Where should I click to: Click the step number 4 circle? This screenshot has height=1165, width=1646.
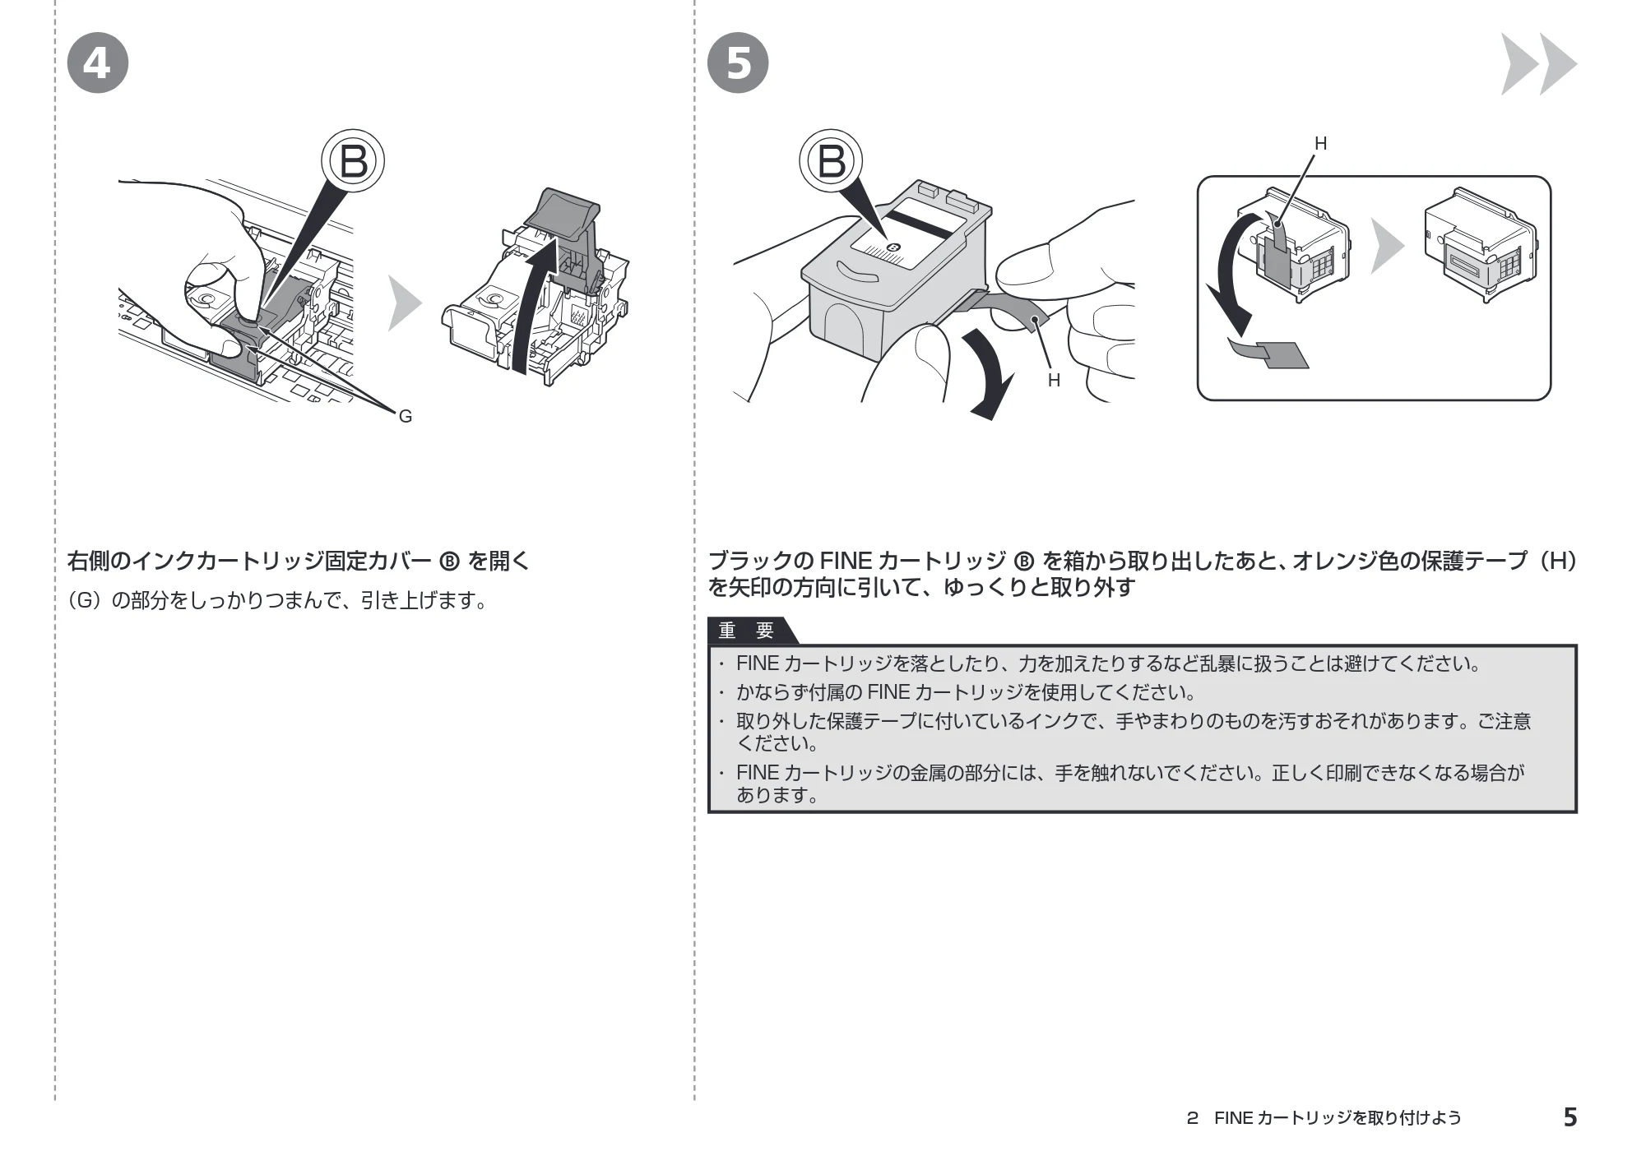97,62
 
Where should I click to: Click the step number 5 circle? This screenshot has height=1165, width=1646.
738,62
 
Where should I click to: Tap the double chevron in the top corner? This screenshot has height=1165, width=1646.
1538,63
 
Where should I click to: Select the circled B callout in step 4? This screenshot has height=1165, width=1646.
354,160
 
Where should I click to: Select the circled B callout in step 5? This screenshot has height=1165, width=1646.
832,160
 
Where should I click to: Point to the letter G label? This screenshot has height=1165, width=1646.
406,417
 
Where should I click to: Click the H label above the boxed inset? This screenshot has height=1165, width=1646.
1321,144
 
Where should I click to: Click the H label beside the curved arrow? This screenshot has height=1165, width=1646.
1054,381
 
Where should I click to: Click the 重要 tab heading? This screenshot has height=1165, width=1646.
747,631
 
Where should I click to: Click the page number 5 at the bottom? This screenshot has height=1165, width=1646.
1569,1117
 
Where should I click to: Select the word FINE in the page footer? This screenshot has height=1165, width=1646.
1233,1118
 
